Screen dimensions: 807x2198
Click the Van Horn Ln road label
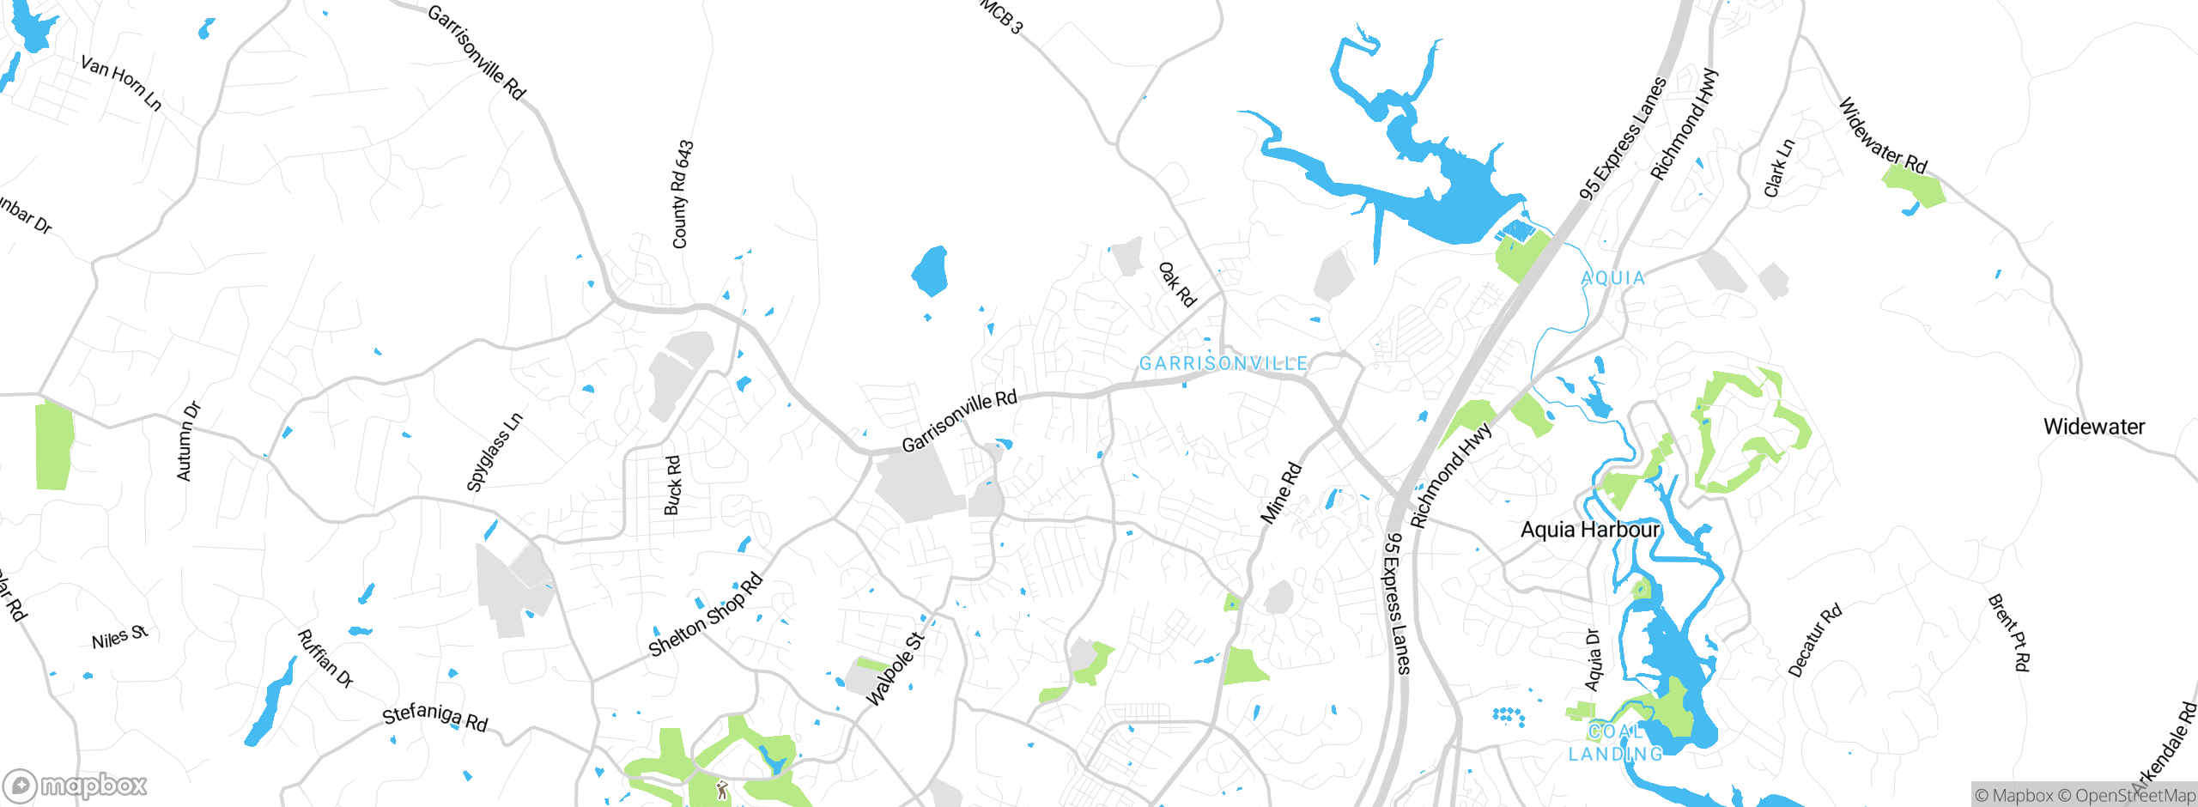coord(121,82)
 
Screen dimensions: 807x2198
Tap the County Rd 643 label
coord(682,195)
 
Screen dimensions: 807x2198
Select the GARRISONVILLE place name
coord(1223,364)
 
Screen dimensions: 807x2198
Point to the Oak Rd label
coord(1177,285)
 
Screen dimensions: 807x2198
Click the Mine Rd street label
coord(1280,494)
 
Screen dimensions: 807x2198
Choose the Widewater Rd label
coord(1883,136)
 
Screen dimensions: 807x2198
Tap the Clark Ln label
coord(1779,168)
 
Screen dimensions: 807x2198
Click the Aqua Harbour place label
coord(1590,530)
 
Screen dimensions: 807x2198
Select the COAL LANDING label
coord(1616,743)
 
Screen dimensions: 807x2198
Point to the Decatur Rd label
coord(1815,640)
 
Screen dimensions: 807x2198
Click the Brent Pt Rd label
coord(2010,632)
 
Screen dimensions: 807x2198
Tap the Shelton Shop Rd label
coord(706,615)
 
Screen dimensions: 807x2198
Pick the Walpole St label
coord(895,670)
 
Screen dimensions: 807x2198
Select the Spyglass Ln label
coord(494,452)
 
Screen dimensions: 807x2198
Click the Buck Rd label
coord(673,485)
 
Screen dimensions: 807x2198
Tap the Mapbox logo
coord(76,785)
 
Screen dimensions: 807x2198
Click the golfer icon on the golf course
coord(722,789)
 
